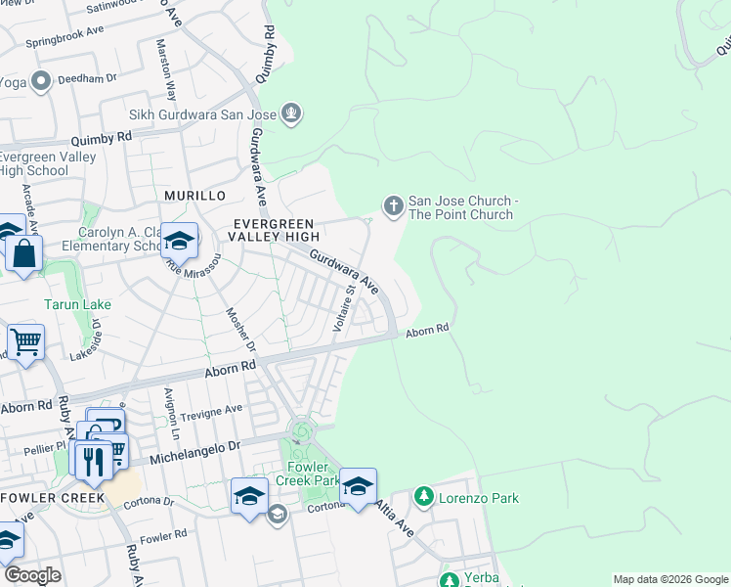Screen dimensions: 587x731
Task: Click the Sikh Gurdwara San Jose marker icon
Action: (x=290, y=114)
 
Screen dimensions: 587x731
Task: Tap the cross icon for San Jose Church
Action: (x=393, y=205)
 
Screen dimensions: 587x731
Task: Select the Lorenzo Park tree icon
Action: (x=423, y=498)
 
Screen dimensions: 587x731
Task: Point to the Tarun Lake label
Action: (x=77, y=304)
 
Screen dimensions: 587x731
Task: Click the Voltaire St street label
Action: (x=344, y=309)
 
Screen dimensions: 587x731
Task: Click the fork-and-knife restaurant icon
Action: (x=94, y=460)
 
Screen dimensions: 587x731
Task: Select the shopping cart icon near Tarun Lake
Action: (x=24, y=343)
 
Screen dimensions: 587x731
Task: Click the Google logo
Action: (x=32, y=575)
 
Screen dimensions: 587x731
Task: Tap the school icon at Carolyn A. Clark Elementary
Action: (x=179, y=240)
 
